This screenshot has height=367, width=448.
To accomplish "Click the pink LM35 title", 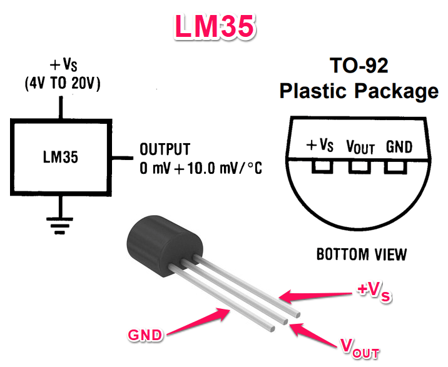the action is pyautogui.click(x=215, y=26).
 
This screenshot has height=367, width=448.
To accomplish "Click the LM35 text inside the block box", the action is pyautogui.click(x=60, y=157).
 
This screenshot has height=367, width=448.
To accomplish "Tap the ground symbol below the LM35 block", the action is pyautogui.click(x=59, y=226).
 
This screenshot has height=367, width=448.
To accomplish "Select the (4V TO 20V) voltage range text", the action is pyautogui.click(x=63, y=84).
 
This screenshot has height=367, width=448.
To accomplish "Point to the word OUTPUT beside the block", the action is pyautogui.click(x=165, y=149).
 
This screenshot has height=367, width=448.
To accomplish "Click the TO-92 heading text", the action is pyautogui.click(x=359, y=66).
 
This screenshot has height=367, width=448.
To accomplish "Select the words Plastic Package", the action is pyautogui.click(x=359, y=91).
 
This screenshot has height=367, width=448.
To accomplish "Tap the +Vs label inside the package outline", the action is pyautogui.click(x=320, y=145).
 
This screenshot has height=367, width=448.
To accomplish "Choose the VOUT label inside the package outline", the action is pyautogui.click(x=360, y=147).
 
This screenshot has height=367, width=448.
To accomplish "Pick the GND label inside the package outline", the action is pyautogui.click(x=399, y=147).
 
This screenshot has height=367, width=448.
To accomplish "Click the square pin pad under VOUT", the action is pyautogui.click(x=360, y=167).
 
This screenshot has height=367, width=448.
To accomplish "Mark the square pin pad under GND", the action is pyautogui.click(x=395, y=167).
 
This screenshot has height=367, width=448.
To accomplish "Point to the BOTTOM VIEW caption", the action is pyautogui.click(x=362, y=254).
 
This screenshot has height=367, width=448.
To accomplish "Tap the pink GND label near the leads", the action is pyautogui.click(x=145, y=334).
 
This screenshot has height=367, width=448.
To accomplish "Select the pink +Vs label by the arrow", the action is pyautogui.click(x=374, y=291).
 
